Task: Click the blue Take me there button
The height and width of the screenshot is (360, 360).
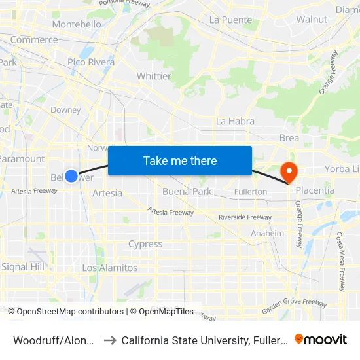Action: pyautogui.click(x=180, y=160)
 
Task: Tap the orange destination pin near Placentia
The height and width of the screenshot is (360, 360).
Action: pyautogui.click(x=289, y=172)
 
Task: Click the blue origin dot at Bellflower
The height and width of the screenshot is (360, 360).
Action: pyautogui.click(x=71, y=177)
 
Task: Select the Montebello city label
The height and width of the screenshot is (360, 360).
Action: pyautogui.click(x=77, y=24)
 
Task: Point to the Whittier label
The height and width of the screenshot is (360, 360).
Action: pyautogui.click(x=154, y=76)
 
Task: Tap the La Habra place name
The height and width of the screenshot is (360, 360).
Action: pyautogui.click(x=235, y=121)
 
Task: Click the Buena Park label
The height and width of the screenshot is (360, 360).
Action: pyautogui.click(x=187, y=192)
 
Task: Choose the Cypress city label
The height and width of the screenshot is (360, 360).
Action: pyautogui.click(x=145, y=244)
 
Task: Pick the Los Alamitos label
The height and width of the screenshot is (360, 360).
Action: pyautogui.click(x=110, y=268)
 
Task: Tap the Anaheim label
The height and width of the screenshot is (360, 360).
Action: pyautogui.click(x=268, y=233)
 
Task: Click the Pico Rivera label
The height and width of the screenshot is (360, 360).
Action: pyautogui.click(x=91, y=62)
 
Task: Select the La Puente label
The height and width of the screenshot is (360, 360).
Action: pyautogui.click(x=230, y=20)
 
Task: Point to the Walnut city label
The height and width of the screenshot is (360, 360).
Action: pyautogui.click(x=312, y=19)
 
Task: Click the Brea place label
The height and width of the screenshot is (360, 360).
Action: pyautogui.click(x=289, y=138)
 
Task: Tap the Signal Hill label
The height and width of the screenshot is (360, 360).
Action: pyautogui.click(x=24, y=267)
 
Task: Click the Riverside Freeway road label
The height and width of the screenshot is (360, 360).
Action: pyautogui.click(x=245, y=217)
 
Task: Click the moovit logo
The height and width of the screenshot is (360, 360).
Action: pyautogui.click(x=321, y=339)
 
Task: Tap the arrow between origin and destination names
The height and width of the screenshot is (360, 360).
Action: pyautogui.click(x=109, y=340)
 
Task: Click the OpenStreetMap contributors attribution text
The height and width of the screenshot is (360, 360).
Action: pyautogui.click(x=66, y=312)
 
